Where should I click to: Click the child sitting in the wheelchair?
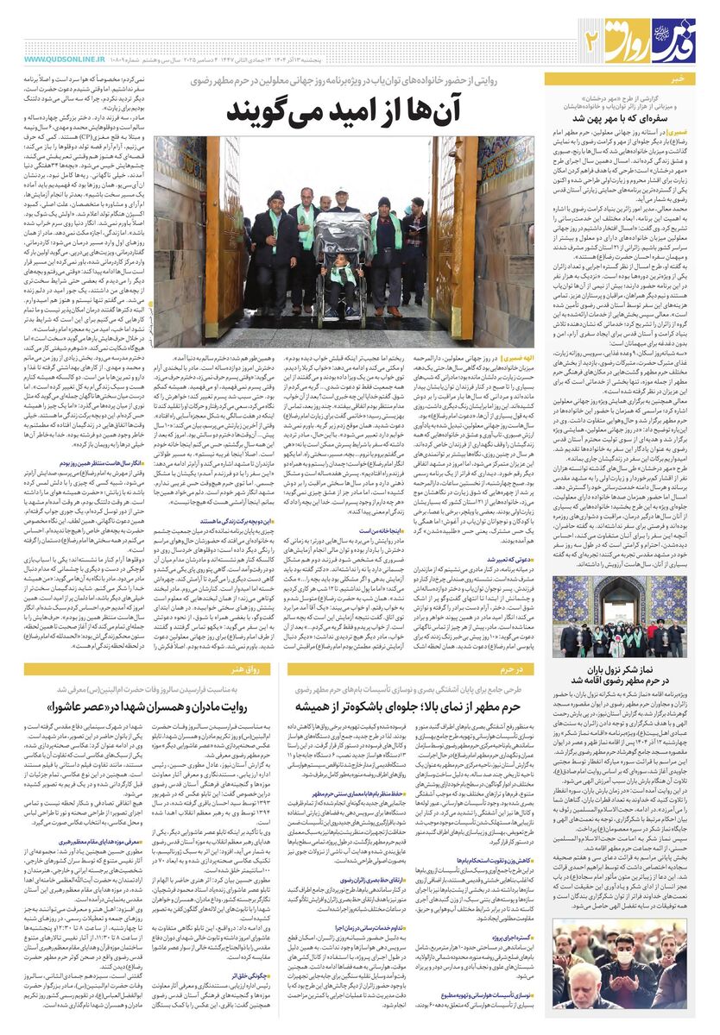click(340, 276)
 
